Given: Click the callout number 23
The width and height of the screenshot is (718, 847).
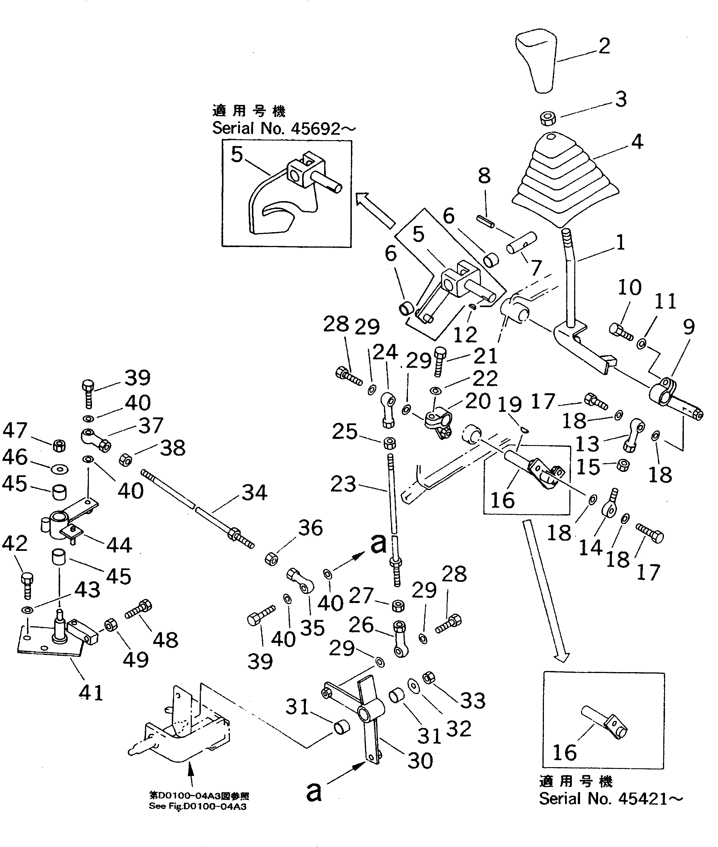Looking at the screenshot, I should tap(343, 484).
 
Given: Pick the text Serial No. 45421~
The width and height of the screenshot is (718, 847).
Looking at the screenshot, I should tap(611, 799).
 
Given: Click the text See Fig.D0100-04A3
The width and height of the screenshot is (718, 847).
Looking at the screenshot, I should tap(197, 806).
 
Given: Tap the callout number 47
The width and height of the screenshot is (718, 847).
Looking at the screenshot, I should tap(15, 430).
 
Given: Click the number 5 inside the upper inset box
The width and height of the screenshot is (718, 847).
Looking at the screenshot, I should tap(237, 155).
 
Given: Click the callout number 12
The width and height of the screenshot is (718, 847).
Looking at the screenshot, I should tap(465, 335).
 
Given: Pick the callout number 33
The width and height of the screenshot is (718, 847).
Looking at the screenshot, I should tap(473, 700).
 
